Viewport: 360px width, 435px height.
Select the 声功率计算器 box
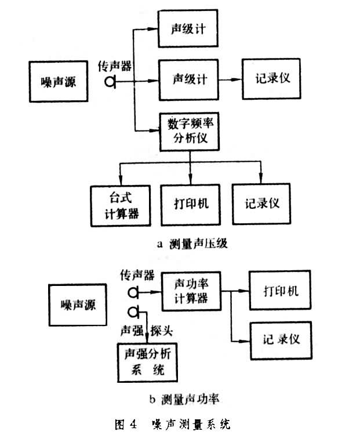tap(191, 291)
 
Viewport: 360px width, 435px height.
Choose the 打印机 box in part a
tap(190, 205)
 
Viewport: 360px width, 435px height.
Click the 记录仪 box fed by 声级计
tap(272, 78)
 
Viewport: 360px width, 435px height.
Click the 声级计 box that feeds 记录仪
tap(190, 79)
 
